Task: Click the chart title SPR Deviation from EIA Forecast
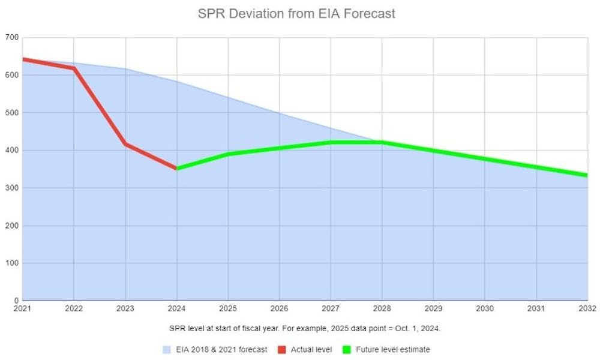click(296, 14)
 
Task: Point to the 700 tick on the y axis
click(12, 38)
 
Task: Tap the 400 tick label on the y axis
click(12, 151)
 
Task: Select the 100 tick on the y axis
click(12, 263)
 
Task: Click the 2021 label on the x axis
click(22, 309)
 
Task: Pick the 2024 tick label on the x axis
click(176, 309)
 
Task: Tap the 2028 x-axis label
click(382, 309)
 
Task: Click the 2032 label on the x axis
click(587, 309)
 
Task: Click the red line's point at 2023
click(125, 144)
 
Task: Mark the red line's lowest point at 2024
click(176, 169)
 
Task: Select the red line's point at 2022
click(74, 68)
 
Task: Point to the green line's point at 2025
click(228, 154)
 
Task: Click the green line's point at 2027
click(331, 142)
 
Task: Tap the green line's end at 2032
click(586, 175)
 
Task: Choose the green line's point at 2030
click(485, 159)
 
